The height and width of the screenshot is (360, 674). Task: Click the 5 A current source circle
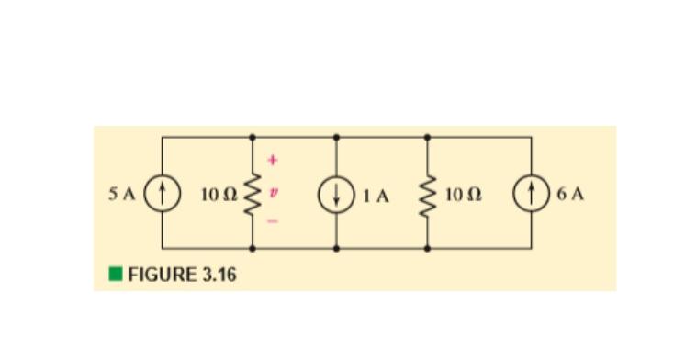[163, 195]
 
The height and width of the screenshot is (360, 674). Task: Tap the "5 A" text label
[123, 195]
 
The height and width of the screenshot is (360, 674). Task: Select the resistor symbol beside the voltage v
[253, 195]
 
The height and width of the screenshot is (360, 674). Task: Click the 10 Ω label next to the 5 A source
[217, 195]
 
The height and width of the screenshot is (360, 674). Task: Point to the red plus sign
[271, 160]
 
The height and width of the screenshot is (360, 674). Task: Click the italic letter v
[271, 194]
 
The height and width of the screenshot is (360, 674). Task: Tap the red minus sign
[271, 223]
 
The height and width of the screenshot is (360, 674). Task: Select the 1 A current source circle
[335, 195]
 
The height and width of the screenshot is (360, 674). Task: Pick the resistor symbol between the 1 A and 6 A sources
[427, 195]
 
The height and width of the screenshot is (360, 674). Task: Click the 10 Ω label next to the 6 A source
[461, 195]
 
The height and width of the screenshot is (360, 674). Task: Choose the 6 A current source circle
[531, 195]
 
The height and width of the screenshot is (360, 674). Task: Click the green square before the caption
[115, 274]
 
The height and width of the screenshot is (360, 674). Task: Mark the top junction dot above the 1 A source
[335, 138]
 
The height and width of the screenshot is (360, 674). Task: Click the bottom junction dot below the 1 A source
[335, 248]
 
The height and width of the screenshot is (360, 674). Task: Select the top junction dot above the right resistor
[427, 138]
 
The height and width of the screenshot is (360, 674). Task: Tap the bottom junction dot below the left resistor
[253, 248]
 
